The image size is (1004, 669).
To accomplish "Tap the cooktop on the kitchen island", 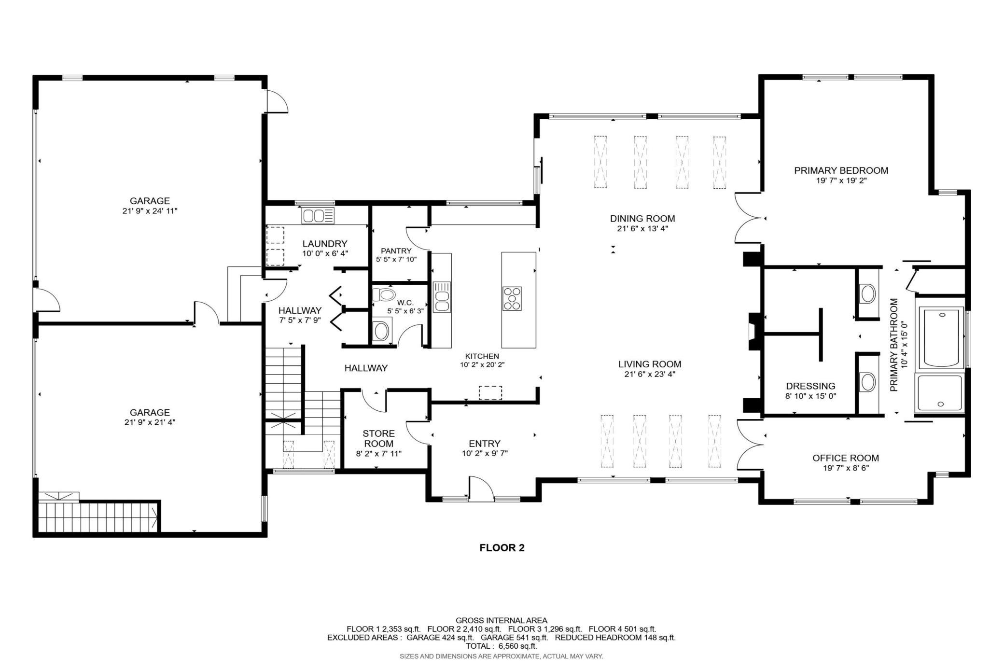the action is [x=512, y=298].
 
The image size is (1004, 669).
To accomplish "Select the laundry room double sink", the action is [x=318, y=215].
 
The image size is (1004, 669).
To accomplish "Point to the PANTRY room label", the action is [x=396, y=251].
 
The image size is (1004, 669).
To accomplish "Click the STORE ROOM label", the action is [x=379, y=438].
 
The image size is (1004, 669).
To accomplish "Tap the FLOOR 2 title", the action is [x=502, y=548].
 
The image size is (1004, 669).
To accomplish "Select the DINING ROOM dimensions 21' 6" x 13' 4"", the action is [x=642, y=229].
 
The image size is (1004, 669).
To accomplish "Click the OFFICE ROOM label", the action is [x=846, y=458].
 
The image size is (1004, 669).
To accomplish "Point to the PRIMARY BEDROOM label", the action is [x=841, y=170].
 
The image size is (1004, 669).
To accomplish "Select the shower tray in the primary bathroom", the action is [x=940, y=393].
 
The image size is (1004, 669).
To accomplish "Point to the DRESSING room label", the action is [x=810, y=386].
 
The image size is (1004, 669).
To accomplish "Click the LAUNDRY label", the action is [x=325, y=244].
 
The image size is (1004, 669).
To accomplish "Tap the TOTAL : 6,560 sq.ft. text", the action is [x=502, y=646].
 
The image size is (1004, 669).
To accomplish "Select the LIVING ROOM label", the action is [x=650, y=364].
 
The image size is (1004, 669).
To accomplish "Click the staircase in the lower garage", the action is [x=99, y=516].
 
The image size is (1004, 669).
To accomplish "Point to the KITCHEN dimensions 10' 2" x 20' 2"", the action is [x=482, y=365].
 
